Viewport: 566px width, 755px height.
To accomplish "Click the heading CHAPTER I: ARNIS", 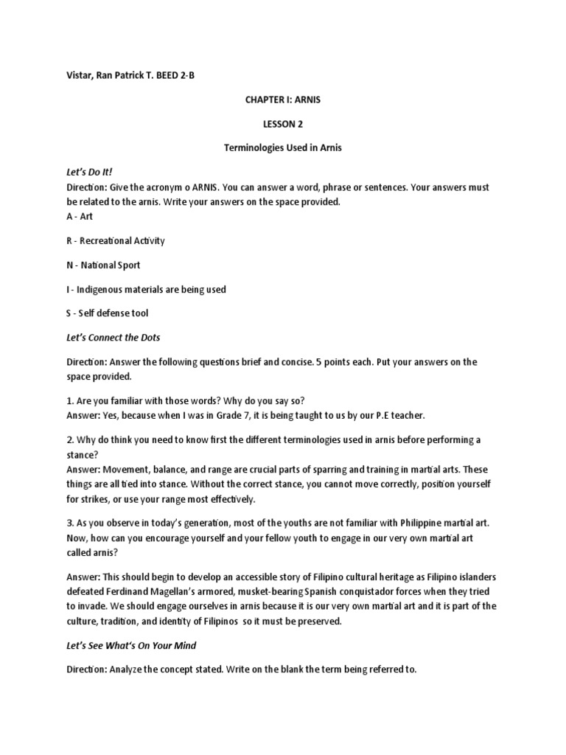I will coord(283,100).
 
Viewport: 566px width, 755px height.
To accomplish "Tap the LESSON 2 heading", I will coord(283,124).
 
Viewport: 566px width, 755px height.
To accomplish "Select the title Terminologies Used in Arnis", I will coord(283,148).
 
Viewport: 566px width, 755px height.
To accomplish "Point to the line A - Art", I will coord(77,217).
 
